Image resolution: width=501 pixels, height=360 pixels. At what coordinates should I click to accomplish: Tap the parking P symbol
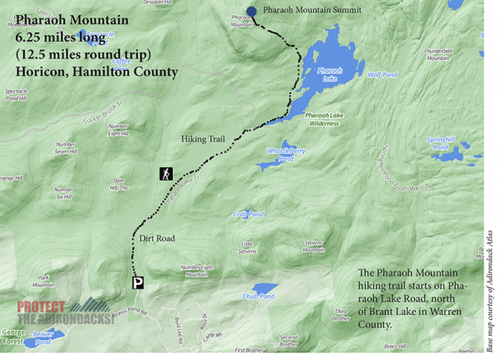tap(138, 283)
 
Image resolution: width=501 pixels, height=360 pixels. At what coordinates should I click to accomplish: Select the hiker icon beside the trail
tap(166, 174)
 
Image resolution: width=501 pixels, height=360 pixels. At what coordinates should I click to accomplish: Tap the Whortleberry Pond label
tap(286, 154)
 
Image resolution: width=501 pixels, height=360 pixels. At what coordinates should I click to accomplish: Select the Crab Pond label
tap(249, 214)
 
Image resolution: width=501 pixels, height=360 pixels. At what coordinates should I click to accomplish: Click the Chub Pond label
tap(259, 296)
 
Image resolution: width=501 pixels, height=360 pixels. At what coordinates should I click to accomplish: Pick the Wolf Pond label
tap(382, 74)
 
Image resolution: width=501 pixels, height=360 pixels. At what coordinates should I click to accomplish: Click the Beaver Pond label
tap(43, 337)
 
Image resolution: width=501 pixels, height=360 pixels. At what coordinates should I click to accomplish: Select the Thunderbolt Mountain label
tap(439, 53)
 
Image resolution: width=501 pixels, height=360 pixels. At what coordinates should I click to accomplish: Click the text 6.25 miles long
tap(60, 38)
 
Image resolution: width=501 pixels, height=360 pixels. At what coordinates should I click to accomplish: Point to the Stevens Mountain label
tap(313, 246)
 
